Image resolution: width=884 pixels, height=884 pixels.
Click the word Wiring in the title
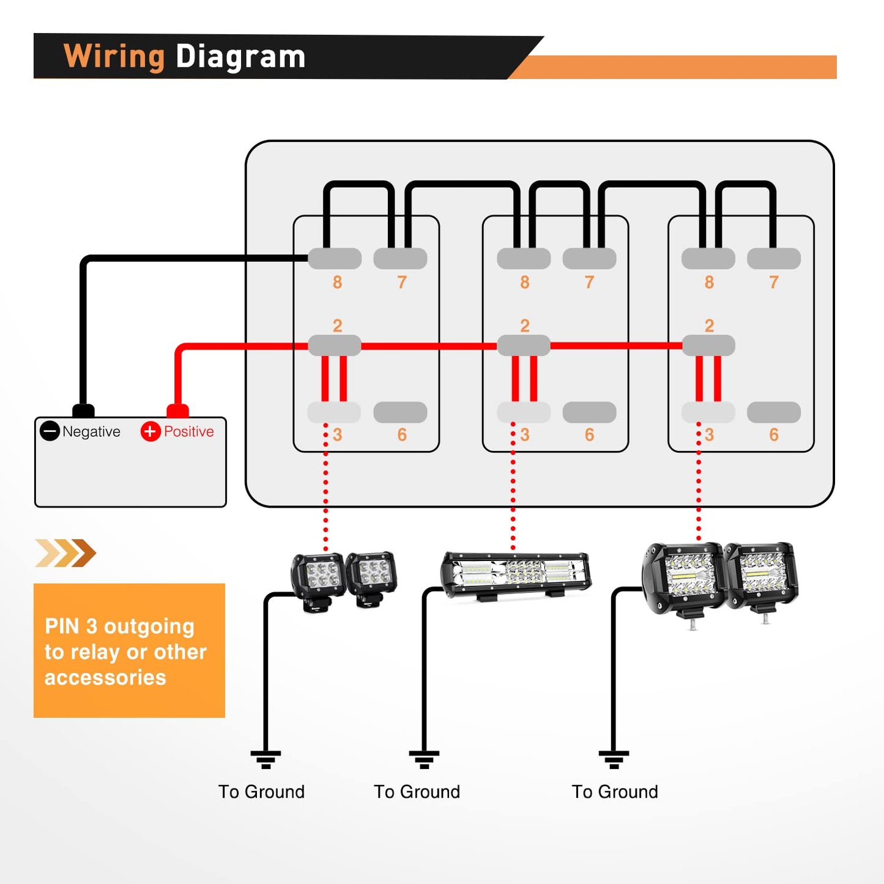114,57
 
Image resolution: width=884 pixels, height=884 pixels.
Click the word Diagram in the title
240,57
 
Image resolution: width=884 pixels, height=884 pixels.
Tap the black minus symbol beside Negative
50,431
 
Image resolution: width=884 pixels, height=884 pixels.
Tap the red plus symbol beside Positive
150,431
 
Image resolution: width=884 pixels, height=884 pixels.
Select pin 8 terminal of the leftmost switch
335,259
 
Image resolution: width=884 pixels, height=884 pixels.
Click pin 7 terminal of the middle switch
589,259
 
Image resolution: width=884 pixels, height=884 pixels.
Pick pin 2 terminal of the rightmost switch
708,346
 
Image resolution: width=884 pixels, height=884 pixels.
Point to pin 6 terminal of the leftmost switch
400,412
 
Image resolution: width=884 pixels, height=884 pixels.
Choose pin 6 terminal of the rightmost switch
774,412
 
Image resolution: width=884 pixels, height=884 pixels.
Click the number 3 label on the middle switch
525,435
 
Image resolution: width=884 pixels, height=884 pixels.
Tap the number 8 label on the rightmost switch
709,282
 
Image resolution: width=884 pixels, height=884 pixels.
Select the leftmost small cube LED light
318,578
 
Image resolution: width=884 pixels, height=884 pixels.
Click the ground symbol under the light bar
424,759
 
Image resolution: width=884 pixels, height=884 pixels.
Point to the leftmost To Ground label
261,792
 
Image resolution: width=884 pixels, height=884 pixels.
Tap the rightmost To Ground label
615,792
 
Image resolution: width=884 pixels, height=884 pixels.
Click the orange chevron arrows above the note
65,553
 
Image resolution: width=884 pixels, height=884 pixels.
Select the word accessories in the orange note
105,678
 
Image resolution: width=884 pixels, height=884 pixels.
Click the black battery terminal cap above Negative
83,410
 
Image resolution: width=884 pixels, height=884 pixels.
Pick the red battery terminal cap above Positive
177,410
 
